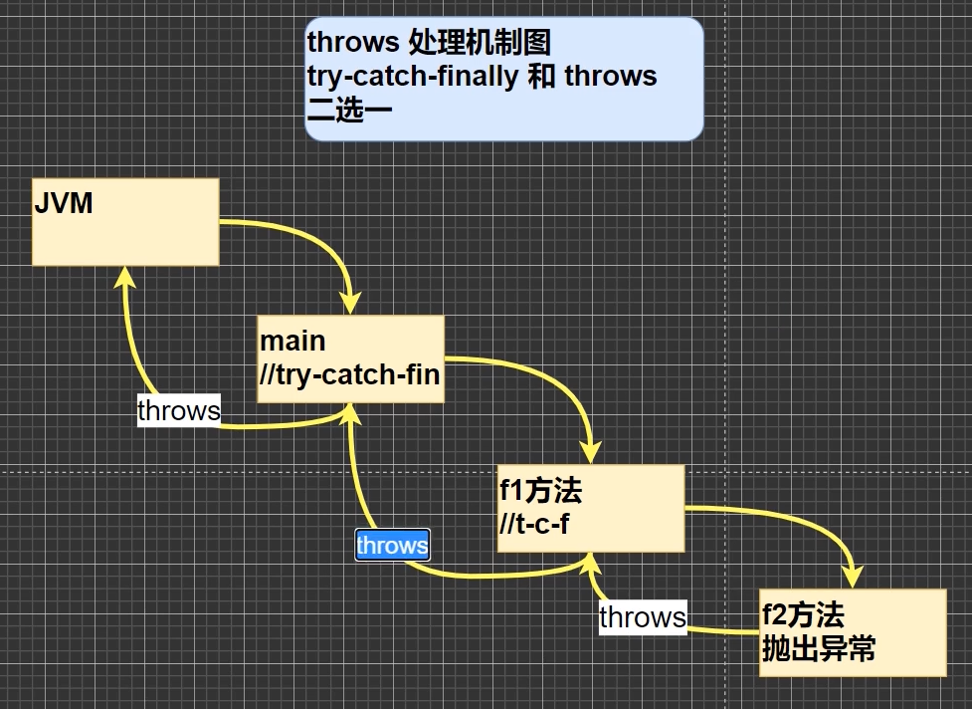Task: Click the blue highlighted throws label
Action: tap(392, 546)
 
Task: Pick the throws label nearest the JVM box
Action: tap(178, 410)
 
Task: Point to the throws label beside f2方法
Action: tap(642, 617)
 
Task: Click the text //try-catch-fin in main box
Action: tap(349, 374)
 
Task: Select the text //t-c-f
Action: tap(534, 523)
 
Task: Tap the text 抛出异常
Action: tap(819, 649)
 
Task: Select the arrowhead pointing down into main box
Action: tap(349, 304)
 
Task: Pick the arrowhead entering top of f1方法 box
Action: tap(592, 453)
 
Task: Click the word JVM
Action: tap(64, 204)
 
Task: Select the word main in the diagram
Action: tap(292, 341)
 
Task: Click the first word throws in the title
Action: tap(354, 43)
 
